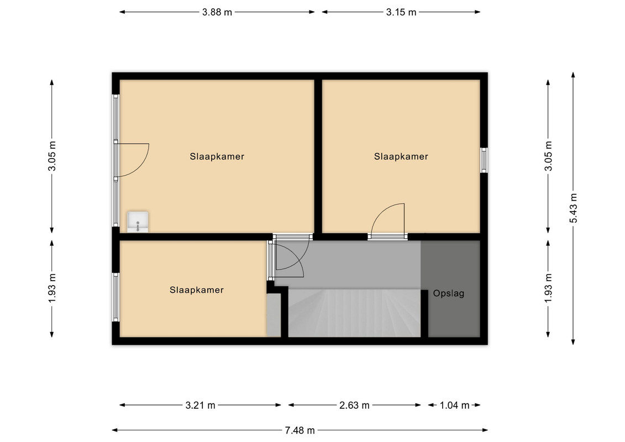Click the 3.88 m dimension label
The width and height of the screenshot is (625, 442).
tap(217, 12)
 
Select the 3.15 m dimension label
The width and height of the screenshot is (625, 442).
tap(401, 12)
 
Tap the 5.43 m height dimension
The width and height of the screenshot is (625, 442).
tap(573, 208)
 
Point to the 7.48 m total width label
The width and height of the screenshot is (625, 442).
tap(300, 430)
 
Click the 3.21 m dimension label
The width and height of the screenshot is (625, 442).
tap(200, 406)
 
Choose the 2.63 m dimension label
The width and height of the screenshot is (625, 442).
tap(354, 406)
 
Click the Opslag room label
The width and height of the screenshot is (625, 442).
tap(448, 294)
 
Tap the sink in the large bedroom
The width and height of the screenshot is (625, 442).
tap(138, 222)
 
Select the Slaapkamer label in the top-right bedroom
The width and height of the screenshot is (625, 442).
tap(401, 156)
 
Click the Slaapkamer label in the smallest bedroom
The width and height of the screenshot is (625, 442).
tap(197, 290)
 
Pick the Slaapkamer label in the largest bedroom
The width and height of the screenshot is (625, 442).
tap(217, 156)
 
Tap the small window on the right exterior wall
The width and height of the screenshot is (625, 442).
tap(484, 160)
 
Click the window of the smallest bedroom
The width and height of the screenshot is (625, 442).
tap(115, 297)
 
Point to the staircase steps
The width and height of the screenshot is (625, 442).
tap(354, 313)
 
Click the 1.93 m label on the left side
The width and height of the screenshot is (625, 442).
tap(52, 288)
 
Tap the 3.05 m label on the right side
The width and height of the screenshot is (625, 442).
tap(548, 156)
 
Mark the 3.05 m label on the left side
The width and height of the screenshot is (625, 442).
tap(52, 156)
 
